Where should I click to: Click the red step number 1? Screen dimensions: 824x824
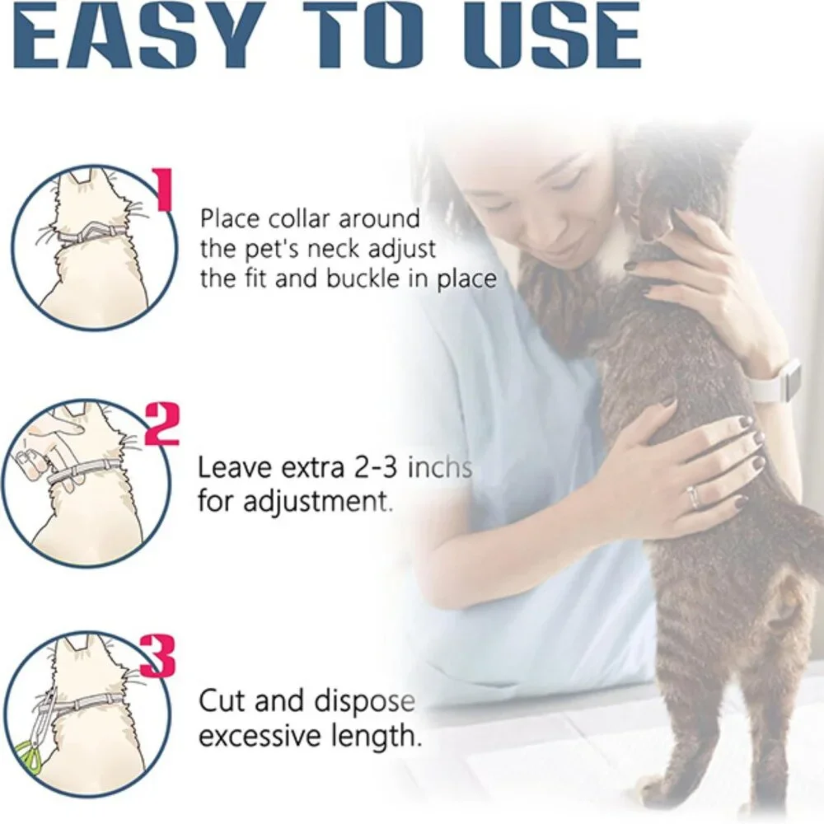[166, 190]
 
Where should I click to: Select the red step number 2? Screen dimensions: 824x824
[162, 424]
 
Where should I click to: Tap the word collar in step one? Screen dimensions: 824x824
[299, 219]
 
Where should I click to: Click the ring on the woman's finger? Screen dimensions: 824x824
[693, 498]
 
